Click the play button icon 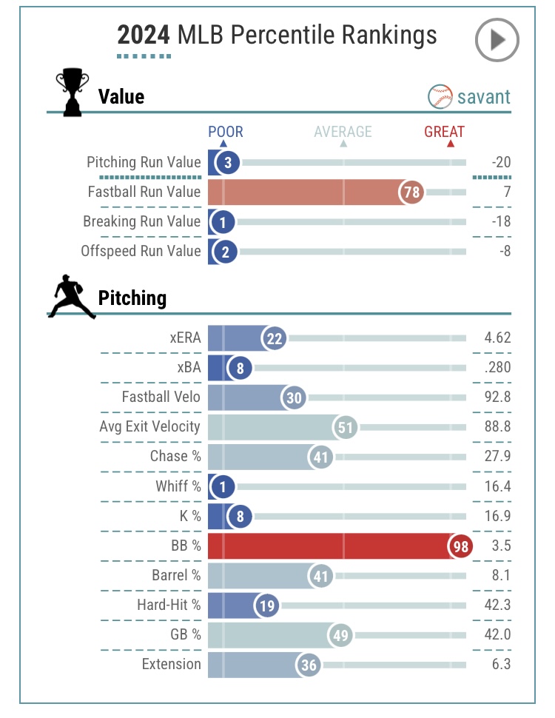tap(497, 40)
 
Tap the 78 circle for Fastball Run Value tap(411, 192)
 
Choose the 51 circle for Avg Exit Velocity tap(346, 427)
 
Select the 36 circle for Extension tap(309, 665)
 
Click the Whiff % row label tap(178, 486)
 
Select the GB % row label tap(182, 634)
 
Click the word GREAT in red tap(444, 132)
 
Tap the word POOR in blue tap(225, 132)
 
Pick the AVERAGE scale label tap(343, 132)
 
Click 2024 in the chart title tap(144, 35)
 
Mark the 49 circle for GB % tap(341, 635)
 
